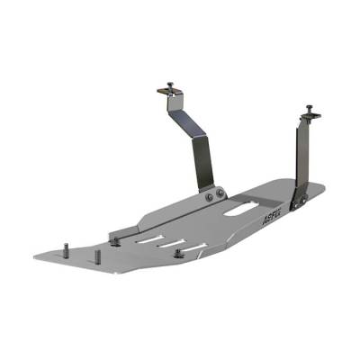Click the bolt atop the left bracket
168,87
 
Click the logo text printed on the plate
270,215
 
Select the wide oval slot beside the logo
236,211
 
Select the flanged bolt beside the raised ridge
115,239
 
